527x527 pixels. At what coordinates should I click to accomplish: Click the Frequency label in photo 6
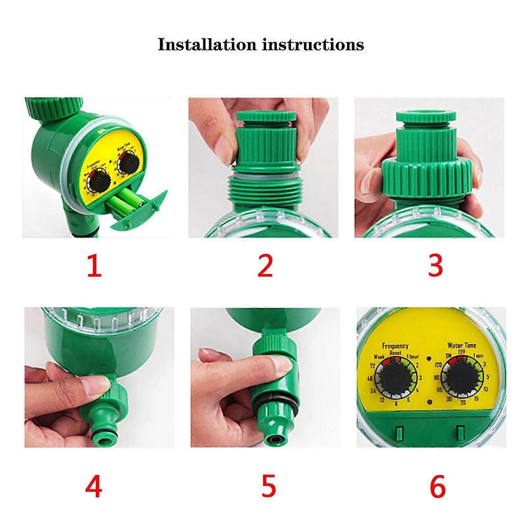point(395,346)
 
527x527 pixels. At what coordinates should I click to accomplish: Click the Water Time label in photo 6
point(461,345)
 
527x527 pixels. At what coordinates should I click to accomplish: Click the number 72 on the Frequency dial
point(373,366)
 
